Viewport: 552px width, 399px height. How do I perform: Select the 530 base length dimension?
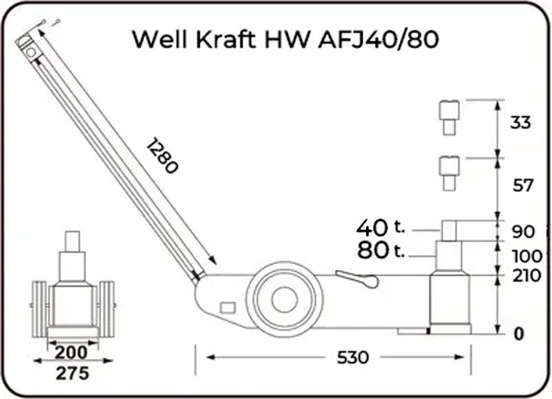[x=353, y=358]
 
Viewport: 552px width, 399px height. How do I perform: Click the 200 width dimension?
[x=71, y=352]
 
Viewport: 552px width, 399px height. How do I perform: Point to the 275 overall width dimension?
[x=72, y=373]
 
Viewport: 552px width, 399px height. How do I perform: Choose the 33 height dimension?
[x=521, y=123]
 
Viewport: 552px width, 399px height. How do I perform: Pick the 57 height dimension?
[x=523, y=185]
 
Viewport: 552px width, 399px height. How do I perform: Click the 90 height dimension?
[x=523, y=231]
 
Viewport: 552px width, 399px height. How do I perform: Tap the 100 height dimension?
[x=527, y=256]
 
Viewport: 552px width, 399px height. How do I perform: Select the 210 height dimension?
[x=527, y=276]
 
